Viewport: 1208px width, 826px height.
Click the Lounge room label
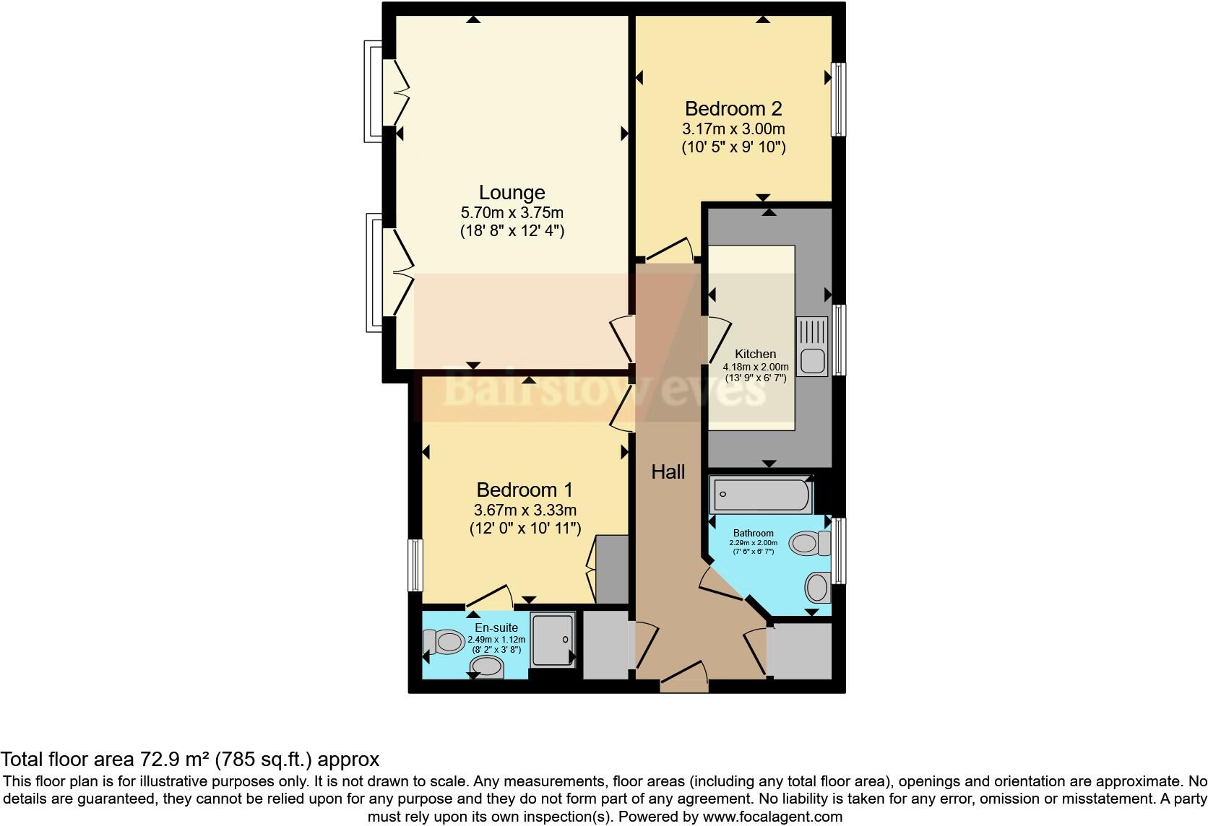click(x=512, y=193)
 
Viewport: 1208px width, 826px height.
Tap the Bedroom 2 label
click(x=733, y=109)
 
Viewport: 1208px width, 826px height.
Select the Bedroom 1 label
click(x=525, y=490)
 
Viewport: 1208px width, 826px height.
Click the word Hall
click(x=668, y=472)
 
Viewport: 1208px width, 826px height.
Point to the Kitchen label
click(x=755, y=354)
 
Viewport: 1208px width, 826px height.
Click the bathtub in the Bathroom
click(x=762, y=495)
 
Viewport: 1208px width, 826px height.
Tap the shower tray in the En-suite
click(x=553, y=640)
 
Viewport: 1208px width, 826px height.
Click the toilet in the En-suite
click(x=444, y=641)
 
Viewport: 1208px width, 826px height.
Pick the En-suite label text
click(x=496, y=627)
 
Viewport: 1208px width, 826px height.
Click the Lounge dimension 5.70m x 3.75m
click(x=512, y=213)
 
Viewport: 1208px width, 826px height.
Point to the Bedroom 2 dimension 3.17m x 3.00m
click(x=733, y=129)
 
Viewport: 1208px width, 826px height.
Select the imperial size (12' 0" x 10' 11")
click(x=525, y=529)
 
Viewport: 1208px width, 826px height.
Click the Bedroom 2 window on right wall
click(x=838, y=99)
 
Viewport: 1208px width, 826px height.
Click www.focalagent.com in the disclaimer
click(x=772, y=817)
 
